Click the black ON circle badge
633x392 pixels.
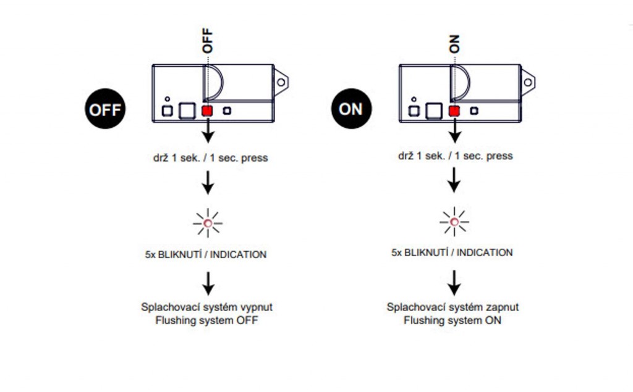[350, 109]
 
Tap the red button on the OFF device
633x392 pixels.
[207, 111]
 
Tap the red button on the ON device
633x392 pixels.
[454, 111]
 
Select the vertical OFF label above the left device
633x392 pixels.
[207, 40]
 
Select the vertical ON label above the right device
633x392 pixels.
[454, 43]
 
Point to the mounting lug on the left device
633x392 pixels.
[282, 80]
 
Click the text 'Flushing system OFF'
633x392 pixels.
[206, 320]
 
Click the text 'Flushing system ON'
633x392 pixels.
[452, 320]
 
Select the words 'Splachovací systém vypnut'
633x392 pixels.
[206, 307]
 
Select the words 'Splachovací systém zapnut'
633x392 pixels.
[452, 307]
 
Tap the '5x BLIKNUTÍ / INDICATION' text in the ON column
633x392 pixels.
[452, 252]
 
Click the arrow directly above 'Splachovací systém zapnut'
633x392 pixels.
[454, 281]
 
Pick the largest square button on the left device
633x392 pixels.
[186, 111]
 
